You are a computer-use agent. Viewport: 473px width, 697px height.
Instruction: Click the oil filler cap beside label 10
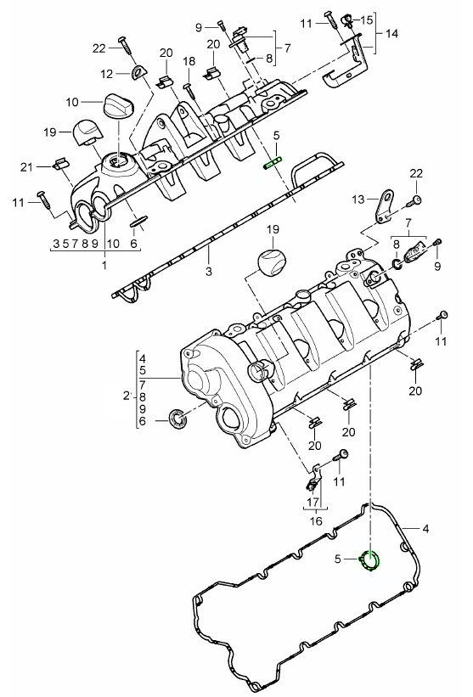point(119,105)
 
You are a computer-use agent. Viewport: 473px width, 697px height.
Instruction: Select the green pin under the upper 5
point(273,163)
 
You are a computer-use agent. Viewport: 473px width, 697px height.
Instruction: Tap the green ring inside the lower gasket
point(370,560)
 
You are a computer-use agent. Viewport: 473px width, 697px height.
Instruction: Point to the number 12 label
point(107,74)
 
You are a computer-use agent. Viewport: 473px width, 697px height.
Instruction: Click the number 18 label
point(189,61)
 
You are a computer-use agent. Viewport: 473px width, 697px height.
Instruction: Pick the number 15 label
point(367,20)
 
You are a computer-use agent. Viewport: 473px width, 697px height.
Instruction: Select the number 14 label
point(391,33)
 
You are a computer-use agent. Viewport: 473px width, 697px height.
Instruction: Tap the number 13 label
point(358,200)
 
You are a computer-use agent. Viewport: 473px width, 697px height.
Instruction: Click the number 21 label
point(26,167)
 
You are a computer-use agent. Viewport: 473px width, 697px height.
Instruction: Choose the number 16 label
point(316,521)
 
